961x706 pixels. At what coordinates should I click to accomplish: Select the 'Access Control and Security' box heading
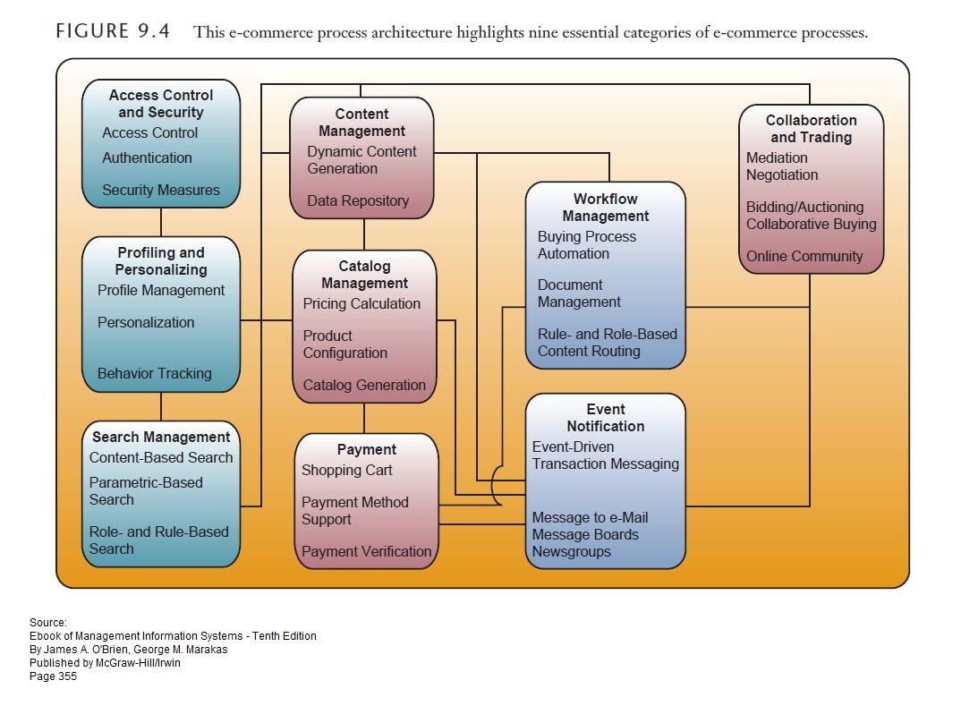[x=161, y=104]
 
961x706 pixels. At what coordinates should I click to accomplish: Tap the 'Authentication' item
[x=147, y=157]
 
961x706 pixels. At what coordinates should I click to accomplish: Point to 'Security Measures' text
[x=160, y=190]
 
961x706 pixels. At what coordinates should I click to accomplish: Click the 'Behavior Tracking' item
[x=154, y=373]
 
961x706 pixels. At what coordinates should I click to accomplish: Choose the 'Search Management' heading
[x=161, y=437]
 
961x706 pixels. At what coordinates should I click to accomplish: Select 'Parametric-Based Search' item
[x=146, y=491]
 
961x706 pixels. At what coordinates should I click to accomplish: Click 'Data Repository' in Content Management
[x=358, y=200]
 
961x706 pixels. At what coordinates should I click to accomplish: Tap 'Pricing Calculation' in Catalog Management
[x=361, y=303]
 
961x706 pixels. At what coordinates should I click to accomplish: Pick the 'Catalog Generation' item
[x=364, y=385]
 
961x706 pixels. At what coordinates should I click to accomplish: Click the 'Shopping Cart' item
[x=346, y=470]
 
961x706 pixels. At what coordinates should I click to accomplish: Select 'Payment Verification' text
[x=366, y=551]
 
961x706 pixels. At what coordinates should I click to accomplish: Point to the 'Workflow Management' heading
[x=605, y=208]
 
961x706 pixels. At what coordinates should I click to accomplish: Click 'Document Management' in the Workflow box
[x=578, y=293]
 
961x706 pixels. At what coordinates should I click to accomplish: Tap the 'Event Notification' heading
[x=605, y=418]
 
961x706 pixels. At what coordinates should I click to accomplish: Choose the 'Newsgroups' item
[x=571, y=551]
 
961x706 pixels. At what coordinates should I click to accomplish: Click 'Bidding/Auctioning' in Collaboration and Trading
[x=804, y=207]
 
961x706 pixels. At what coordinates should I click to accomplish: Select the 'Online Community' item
[x=804, y=256]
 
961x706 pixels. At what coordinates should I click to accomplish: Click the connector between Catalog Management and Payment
[x=364, y=417]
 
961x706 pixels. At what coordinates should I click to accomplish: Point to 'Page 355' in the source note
[x=53, y=676]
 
